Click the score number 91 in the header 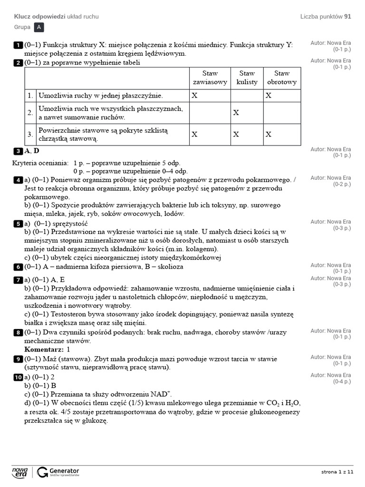348,17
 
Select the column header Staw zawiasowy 210,78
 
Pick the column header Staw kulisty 247,78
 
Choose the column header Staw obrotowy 282,78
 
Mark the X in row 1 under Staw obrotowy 269,96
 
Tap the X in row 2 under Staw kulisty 236,113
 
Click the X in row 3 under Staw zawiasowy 194,135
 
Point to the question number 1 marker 18,45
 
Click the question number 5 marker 18,224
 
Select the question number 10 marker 18,377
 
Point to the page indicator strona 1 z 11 337,472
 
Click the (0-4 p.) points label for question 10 342,382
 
